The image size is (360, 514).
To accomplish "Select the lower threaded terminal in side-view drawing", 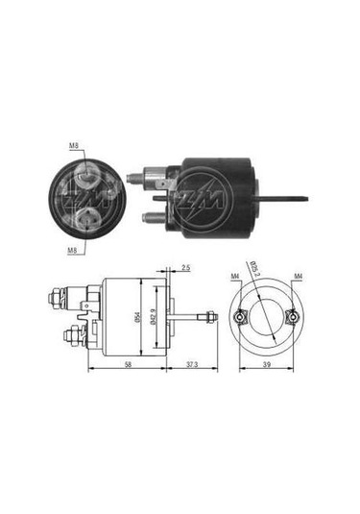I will pos(71,335).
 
